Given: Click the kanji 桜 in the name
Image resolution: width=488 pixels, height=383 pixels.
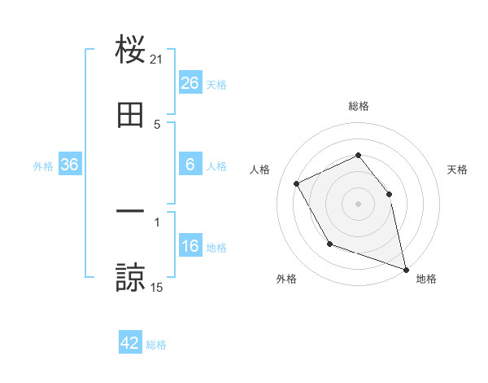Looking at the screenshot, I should pyautogui.click(x=130, y=51).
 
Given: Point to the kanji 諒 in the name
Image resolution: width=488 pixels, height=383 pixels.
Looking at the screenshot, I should pyautogui.click(x=130, y=277).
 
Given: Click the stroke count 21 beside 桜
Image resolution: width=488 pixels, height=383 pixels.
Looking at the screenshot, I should pyautogui.click(x=157, y=59).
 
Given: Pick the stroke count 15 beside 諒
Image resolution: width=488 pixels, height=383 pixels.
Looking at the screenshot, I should pyautogui.click(x=157, y=287).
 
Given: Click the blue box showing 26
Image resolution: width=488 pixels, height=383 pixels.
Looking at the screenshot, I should pyautogui.click(x=190, y=83).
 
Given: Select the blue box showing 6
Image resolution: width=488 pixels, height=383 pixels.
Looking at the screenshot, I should pyautogui.click(x=190, y=165).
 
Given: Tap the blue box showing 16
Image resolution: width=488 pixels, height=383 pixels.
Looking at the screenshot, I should pyautogui.click(x=190, y=247).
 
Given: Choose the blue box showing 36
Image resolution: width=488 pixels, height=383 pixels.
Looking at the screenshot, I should pyautogui.click(x=70, y=165).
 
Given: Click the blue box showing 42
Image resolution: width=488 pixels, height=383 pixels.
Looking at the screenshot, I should pyautogui.click(x=130, y=343).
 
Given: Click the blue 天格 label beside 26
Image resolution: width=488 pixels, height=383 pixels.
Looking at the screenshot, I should pyautogui.click(x=216, y=84).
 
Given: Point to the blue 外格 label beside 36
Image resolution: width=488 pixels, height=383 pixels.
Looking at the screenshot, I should pyautogui.click(x=43, y=165).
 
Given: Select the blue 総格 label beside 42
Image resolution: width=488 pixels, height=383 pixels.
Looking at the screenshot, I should pyautogui.click(x=156, y=345).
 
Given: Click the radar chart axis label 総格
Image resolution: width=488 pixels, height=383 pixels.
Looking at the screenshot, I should pyautogui.click(x=359, y=106).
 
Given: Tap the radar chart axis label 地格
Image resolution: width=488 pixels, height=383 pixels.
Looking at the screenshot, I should pyautogui.click(x=426, y=279).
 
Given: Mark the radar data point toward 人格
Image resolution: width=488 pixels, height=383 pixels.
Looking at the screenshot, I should pyautogui.click(x=297, y=183).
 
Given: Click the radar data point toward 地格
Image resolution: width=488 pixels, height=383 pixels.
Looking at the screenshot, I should pyautogui.click(x=405, y=268).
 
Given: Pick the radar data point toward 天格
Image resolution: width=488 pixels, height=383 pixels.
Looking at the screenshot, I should pyautogui.click(x=389, y=194).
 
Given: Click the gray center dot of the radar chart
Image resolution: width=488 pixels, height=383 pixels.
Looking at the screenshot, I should pyautogui.click(x=359, y=204).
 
